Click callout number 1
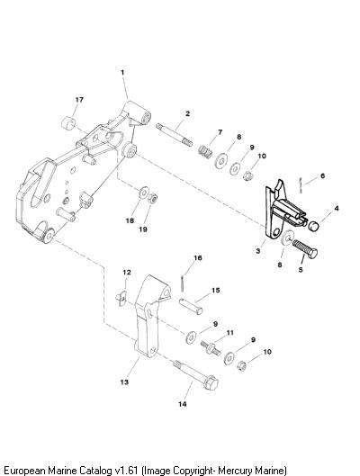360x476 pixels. click(x=122, y=73)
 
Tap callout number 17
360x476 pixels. click(x=79, y=100)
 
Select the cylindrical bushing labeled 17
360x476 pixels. click(x=68, y=123)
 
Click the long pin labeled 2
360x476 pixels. click(x=174, y=134)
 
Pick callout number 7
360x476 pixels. click(x=220, y=132)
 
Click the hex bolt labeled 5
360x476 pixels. click(x=305, y=249)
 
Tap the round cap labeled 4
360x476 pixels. click(x=314, y=225)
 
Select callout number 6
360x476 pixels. click(x=322, y=175)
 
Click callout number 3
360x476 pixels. click(x=258, y=251)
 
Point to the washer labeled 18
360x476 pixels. click(x=143, y=193)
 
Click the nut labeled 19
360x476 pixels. click(x=152, y=199)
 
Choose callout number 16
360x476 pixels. click(x=198, y=257)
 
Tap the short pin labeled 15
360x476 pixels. click(x=191, y=307)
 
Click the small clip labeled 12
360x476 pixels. click(x=121, y=299)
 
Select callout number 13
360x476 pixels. click(x=124, y=382)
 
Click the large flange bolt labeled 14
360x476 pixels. click(x=196, y=375)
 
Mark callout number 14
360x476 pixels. click(x=183, y=404)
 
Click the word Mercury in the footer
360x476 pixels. click(x=236, y=470)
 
